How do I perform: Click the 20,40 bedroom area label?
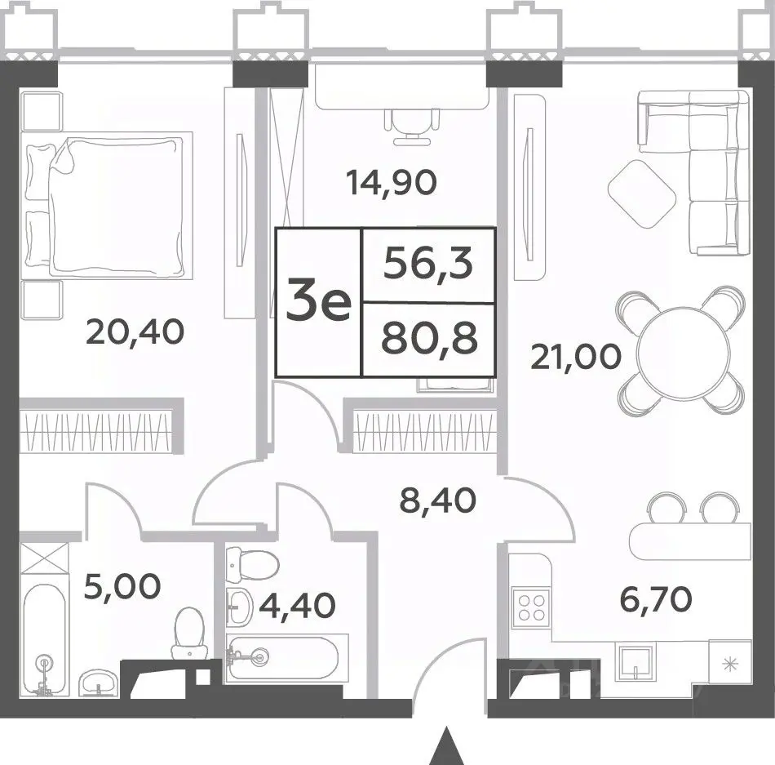click(135, 332)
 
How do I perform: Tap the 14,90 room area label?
click(392, 182)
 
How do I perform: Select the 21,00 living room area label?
click(576, 357)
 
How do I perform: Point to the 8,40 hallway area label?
click(438, 500)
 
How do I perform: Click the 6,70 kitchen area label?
click(655, 600)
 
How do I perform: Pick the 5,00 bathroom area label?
click(122, 586)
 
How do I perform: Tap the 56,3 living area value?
click(429, 265)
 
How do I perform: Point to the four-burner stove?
click(531, 607)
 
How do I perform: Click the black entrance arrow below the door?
click(447, 747)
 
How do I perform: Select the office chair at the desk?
click(412, 126)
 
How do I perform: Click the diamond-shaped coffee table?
click(642, 193)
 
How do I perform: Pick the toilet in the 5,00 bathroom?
click(189, 633)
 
